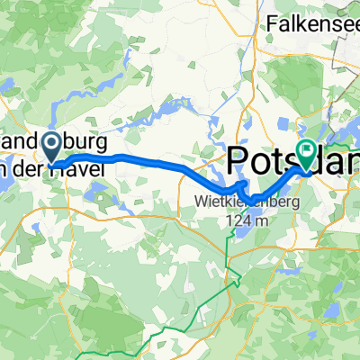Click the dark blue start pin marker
tap(51, 145)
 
